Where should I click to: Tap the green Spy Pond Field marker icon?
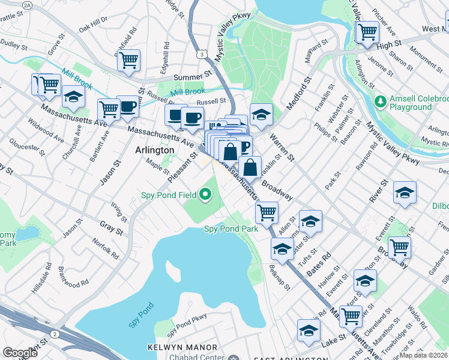coord(205,194)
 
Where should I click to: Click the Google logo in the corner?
coord(20,353)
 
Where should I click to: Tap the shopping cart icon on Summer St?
coord(128,60)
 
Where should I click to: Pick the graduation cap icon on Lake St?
coord(309,330)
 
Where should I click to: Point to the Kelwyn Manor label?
coord(182,347)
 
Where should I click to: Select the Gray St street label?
coord(111,228)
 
